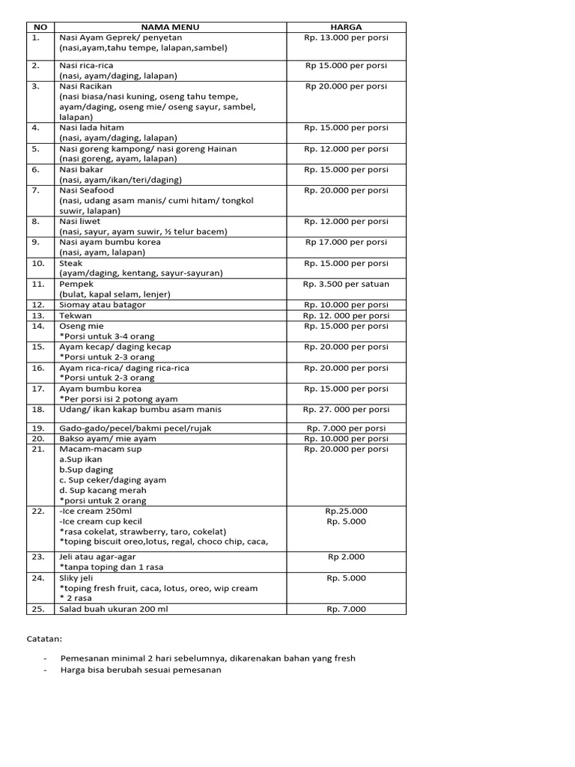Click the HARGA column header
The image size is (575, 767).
pyautogui.click(x=346, y=27)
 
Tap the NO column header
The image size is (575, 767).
pyautogui.click(x=40, y=27)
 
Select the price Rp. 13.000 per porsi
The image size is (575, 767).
pyautogui.click(x=346, y=37)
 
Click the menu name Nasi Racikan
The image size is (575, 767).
pyautogui.click(x=85, y=86)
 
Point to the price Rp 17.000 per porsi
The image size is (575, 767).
pyautogui.click(x=346, y=242)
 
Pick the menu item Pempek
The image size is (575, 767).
pyautogui.click(x=76, y=284)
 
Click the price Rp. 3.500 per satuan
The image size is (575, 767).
pyautogui.click(x=346, y=284)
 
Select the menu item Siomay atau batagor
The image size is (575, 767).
pyautogui.click(x=103, y=305)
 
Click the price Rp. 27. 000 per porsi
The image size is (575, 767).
pyautogui.click(x=346, y=410)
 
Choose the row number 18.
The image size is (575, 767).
pyautogui.click(x=39, y=410)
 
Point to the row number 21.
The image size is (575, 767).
pyautogui.click(x=39, y=449)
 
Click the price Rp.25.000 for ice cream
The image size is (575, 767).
pyautogui.click(x=346, y=511)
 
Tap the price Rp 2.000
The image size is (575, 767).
pyautogui.click(x=346, y=557)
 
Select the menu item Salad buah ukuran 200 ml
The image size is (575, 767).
pyautogui.click(x=114, y=609)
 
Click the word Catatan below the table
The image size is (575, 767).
pyautogui.click(x=46, y=640)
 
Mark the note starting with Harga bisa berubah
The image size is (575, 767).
pyautogui.click(x=142, y=670)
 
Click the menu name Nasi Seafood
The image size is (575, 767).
pyautogui.click(x=87, y=190)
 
